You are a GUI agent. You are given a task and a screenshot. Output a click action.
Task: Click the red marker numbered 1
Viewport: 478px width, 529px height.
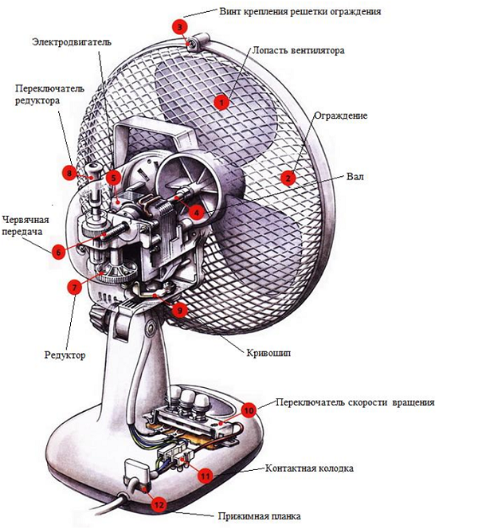pyautogui.click(x=221, y=100)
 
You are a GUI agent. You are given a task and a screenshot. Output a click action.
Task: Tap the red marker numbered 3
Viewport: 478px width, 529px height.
pyautogui.click(x=182, y=26)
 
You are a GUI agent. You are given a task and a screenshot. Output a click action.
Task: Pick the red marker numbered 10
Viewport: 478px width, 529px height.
pyautogui.click(x=248, y=410)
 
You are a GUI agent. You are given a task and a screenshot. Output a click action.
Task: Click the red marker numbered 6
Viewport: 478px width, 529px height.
pyautogui.click(x=57, y=251)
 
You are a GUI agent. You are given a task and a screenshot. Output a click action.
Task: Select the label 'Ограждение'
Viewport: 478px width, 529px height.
pyautogui.click(x=340, y=116)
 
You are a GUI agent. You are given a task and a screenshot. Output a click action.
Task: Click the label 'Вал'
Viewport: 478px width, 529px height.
pyautogui.click(x=355, y=175)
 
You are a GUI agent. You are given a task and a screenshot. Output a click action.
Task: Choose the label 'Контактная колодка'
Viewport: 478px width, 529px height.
pyautogui.click(x=309, y=468)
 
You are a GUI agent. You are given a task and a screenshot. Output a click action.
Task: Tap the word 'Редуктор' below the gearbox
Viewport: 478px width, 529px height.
pyautogui.click(x=65, y=355)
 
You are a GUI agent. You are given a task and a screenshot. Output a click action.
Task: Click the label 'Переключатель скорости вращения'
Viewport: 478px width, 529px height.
pyautogui.click(x=355, y=402)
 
